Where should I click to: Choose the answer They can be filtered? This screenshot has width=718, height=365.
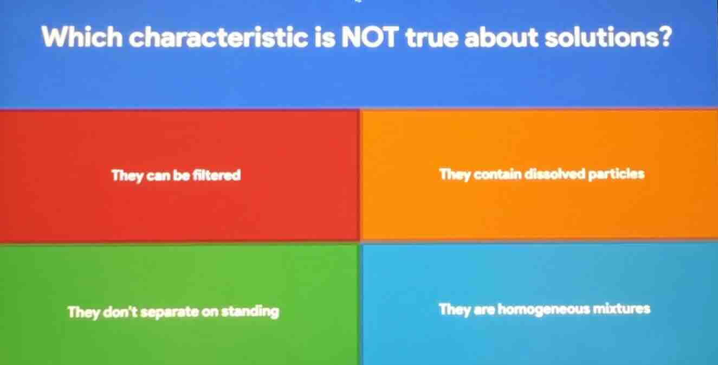click(176, 176)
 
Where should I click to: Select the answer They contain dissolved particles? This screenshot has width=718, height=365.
click(542, 175)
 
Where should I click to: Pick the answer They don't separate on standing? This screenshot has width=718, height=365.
click(173, 312)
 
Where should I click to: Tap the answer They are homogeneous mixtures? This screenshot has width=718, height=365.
click(545, 310)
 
